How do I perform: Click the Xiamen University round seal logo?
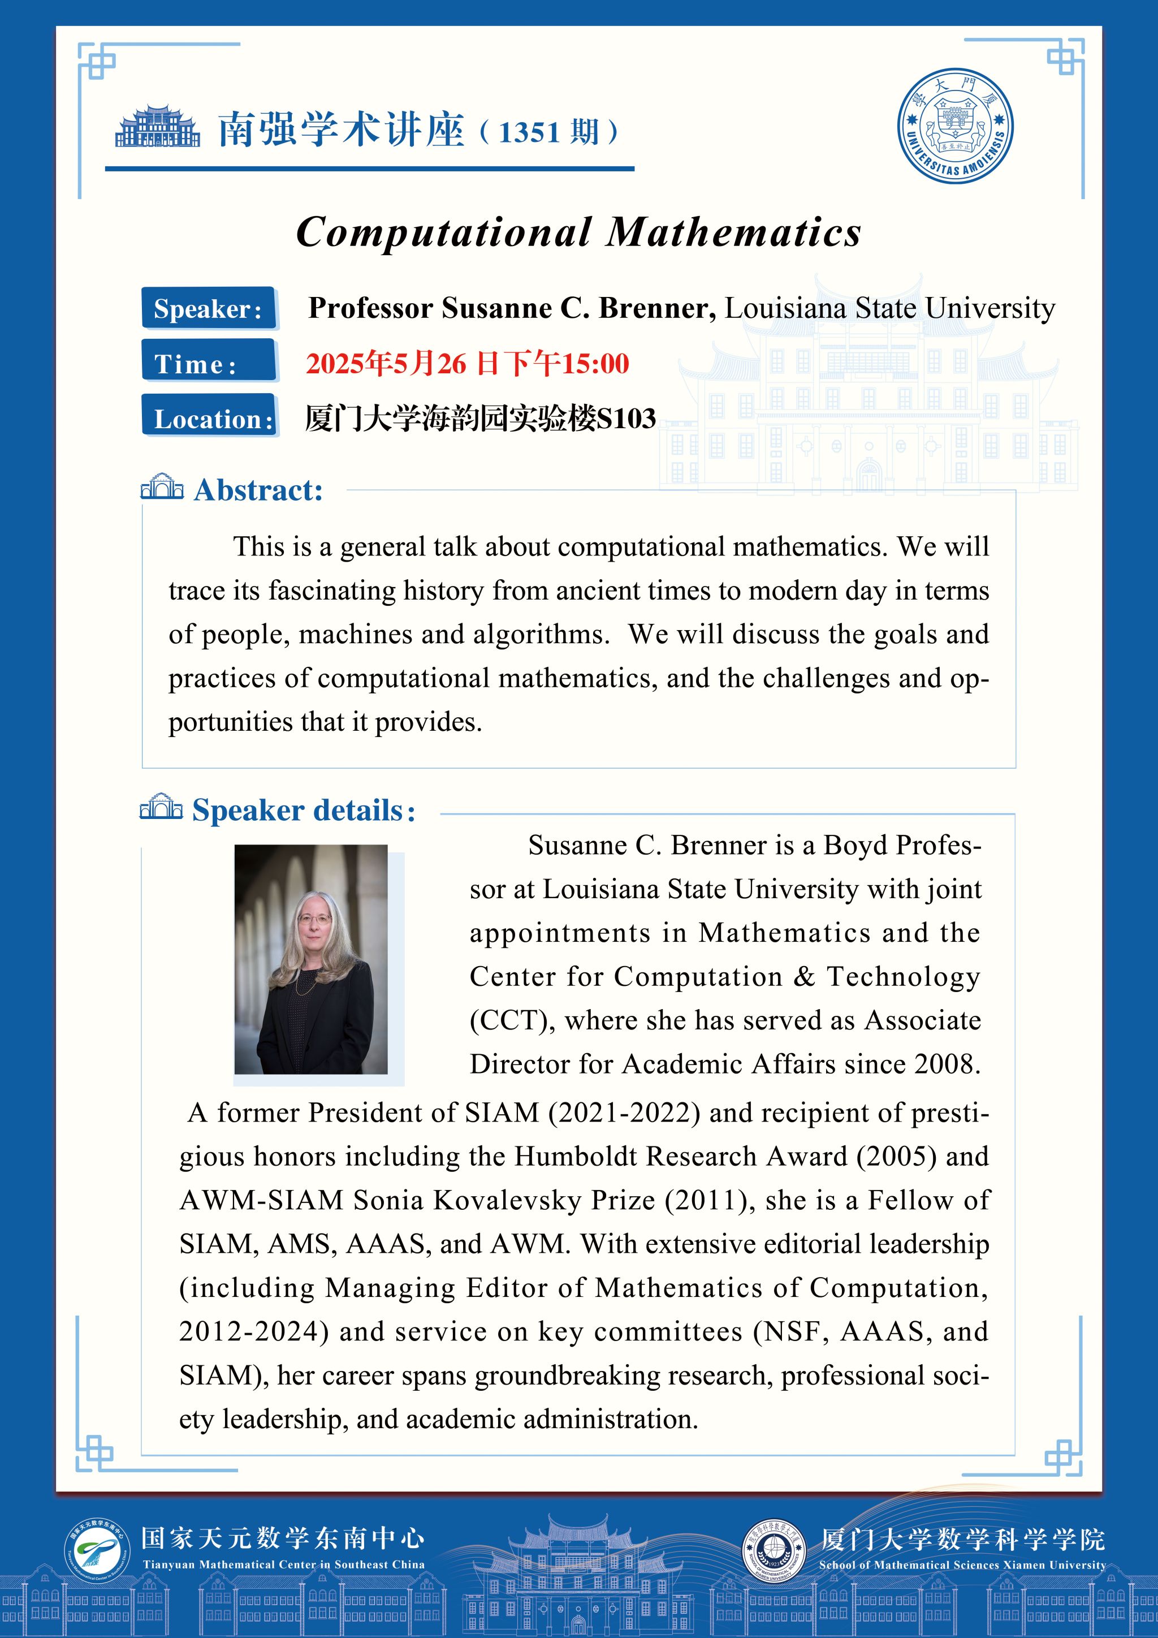pyautogui.click(x=955, y=126)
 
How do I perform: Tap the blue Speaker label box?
pyautogui.click(x=208, y=308)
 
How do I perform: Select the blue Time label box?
pyautogui.click(x=208, y=363)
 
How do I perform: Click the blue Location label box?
pyautogui.click(x=208, y=418)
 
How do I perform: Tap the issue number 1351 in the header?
pyautogui.click(x=528, y=133)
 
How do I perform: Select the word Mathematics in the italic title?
pyautogui.click(x=734, y=232)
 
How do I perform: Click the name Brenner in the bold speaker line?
pyautogui.click(x=656, y=308)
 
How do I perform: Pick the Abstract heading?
pyautogui.click(x=258, y=491)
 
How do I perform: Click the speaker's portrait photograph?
pyautogui.click(x=311, y=959)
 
